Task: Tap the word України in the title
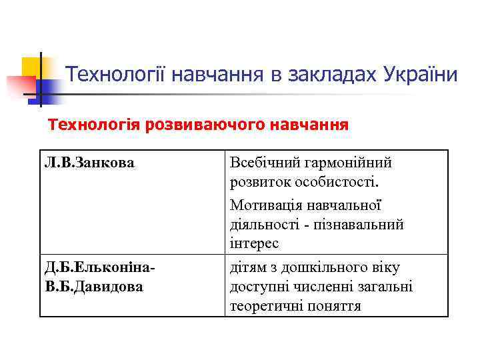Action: click(x=421, y=74)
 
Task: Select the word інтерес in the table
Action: click(x=255, y=244)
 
